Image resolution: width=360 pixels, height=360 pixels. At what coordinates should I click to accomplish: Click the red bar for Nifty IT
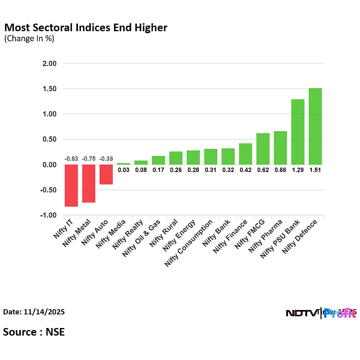[x=71, y=186]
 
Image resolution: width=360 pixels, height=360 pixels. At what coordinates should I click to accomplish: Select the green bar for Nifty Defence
[x=315, y=126]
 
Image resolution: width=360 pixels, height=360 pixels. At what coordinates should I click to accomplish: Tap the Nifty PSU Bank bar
[x=298, y=132]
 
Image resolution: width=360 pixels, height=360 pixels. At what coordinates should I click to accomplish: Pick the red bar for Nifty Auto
[x=106, y=174]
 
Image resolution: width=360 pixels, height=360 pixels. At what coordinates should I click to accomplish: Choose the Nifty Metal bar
[x=88, y=184]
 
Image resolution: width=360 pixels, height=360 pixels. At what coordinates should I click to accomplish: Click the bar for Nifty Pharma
[x=280, y=148]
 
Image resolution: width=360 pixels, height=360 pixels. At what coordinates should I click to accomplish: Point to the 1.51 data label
[x=315, y=170]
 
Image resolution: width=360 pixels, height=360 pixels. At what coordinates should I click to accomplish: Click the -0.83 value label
[x=71, y=159]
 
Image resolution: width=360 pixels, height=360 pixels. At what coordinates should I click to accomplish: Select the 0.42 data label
[x=245, y=170]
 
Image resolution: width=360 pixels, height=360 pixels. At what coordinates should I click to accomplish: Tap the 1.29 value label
[x=298, y=170]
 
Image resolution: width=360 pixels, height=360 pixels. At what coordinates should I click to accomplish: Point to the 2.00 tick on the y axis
[x=49, y=63]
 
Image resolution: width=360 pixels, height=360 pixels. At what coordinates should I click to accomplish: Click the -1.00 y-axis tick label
[x=48, y=215]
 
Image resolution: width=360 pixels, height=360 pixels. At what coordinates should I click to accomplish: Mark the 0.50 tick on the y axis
[x=49, y=139]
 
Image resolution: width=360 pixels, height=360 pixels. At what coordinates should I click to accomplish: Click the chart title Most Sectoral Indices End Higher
[x=86, y=28]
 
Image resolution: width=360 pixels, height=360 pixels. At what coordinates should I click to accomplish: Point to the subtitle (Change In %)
[x=29, y=39]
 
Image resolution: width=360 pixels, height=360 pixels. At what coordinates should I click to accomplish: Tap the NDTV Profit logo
[x=320, y=313]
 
